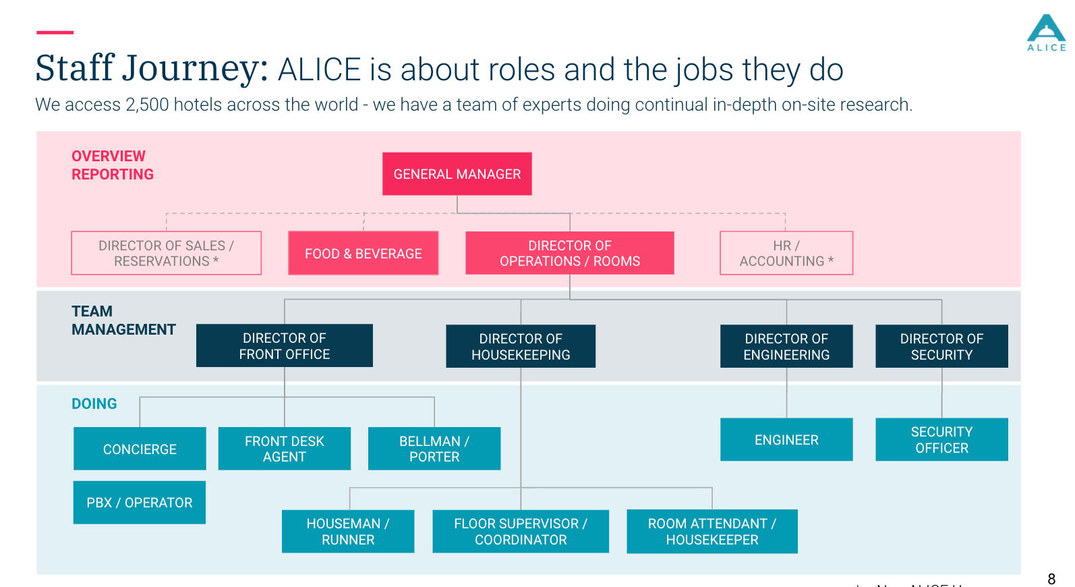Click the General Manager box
457,174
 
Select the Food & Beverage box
363,253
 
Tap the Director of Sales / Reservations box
166,253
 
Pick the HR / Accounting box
786,253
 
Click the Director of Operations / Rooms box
569,253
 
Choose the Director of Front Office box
284,345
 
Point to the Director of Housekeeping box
521,346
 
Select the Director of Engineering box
786,346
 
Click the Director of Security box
941,346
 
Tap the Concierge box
140,449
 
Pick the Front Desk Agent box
284,449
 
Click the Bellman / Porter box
434,449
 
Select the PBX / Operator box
140,503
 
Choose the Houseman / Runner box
348,532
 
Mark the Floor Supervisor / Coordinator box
521,532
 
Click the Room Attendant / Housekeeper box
712,532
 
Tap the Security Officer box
941,439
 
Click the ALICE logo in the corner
1046,32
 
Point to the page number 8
1051,579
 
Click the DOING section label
94,403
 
